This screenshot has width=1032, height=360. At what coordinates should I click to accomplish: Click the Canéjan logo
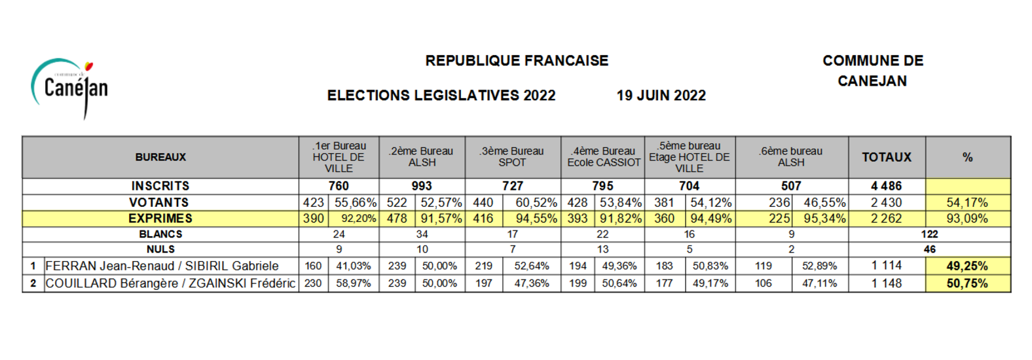69,88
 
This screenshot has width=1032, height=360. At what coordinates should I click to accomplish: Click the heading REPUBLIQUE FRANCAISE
517,61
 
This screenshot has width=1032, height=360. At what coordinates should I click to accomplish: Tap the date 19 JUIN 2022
661,96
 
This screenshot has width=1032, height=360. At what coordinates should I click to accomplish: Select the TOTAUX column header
887,158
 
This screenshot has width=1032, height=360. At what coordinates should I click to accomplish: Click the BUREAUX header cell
160,158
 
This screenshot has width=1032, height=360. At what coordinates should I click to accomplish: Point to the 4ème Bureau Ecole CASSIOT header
604,157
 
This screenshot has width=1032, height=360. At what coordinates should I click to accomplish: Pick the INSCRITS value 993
422,186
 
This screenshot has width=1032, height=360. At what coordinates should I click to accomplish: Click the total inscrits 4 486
886,186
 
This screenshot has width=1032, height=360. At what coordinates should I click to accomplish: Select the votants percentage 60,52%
536,202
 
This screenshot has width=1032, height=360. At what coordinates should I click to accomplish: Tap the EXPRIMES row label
160,218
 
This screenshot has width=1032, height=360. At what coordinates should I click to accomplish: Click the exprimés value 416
483,218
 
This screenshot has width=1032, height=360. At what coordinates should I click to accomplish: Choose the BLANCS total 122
929,234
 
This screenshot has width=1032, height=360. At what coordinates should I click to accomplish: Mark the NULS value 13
602,249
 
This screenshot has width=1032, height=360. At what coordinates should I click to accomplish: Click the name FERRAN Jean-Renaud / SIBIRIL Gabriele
162,266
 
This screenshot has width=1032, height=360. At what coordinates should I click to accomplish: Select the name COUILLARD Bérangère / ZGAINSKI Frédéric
170,283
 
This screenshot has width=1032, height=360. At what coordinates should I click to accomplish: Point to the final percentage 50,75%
967,283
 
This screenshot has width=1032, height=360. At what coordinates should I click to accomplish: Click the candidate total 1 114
886,266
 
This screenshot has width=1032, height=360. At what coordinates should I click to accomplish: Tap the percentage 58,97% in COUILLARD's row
354,283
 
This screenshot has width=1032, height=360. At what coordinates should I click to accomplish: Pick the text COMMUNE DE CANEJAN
873,71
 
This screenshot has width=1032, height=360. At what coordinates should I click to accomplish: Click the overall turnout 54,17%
967,202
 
